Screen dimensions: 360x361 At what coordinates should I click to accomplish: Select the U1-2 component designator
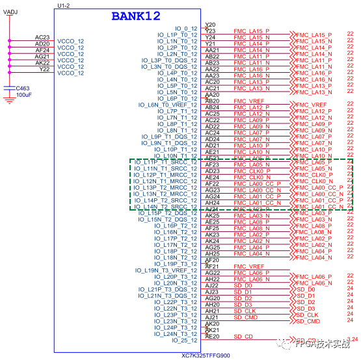63,5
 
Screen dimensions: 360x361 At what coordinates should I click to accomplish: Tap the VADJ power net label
10,12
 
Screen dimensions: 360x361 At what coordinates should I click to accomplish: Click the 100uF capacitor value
25,95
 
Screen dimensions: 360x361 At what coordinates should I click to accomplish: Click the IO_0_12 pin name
185,29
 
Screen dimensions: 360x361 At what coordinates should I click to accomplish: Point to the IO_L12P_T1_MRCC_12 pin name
165,175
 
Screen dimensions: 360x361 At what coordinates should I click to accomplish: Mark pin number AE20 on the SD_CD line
212,336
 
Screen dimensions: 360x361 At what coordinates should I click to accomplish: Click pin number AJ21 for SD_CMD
212,317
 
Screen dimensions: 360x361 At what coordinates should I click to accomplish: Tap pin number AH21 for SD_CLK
212,311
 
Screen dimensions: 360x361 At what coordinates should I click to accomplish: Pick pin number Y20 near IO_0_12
210,25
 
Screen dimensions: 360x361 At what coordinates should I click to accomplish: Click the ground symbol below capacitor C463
8,99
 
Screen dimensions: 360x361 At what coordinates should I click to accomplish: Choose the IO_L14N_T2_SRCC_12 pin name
165,207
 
